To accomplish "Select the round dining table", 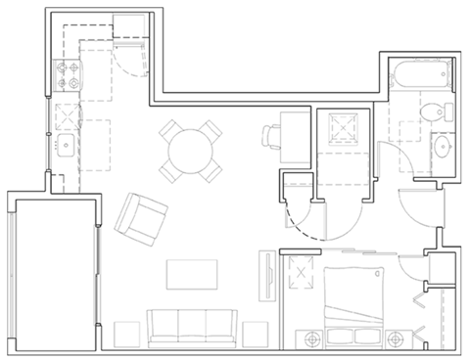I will point(190,150).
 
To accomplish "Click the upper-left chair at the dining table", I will point(170,131).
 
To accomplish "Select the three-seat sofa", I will point(192,326).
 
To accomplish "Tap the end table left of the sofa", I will point(124,332).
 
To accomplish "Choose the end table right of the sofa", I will point(258,332).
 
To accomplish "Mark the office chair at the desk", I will point(271,135).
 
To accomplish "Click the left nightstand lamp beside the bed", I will point(312,339).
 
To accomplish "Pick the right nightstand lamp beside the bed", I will point(396,339).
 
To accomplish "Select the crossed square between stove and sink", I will point(66,115).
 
